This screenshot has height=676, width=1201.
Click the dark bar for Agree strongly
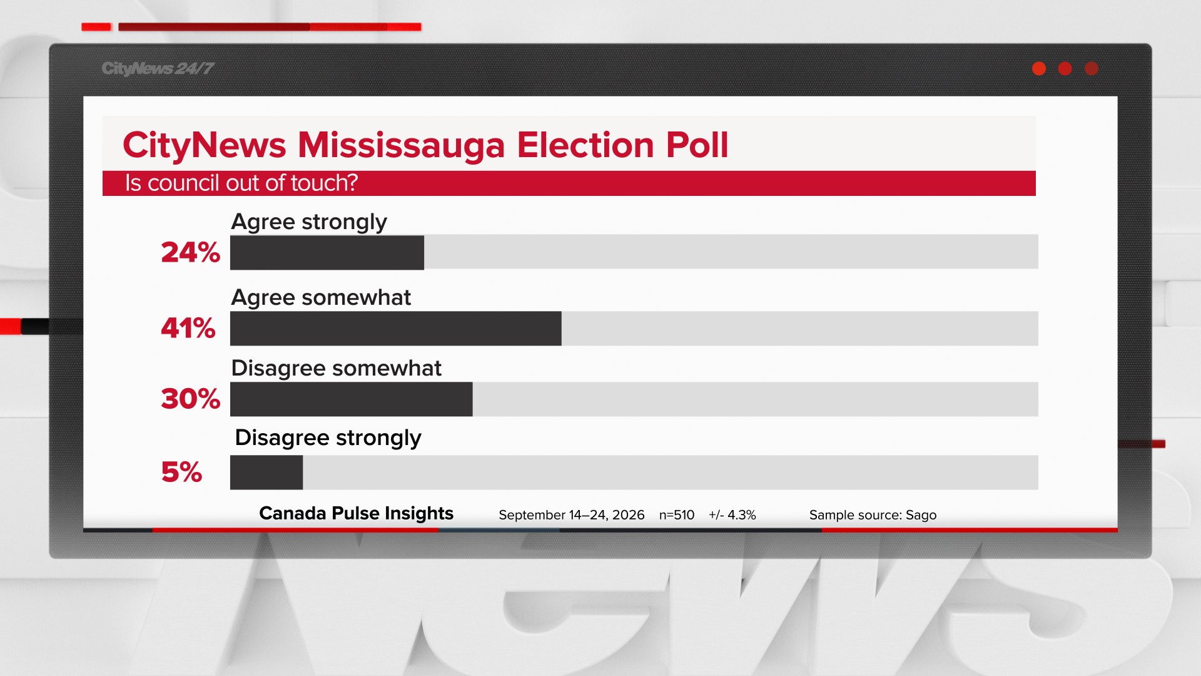327,252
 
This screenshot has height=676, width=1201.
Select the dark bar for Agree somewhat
396,328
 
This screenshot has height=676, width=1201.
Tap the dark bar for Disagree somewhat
352,399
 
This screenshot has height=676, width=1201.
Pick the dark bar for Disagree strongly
266,472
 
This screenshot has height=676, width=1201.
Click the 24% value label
191,252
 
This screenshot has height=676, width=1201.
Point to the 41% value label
188,328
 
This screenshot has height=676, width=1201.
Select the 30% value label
191,399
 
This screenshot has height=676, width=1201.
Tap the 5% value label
182,472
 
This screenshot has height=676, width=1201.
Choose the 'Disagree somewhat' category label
337,368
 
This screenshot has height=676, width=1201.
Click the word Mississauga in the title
401,145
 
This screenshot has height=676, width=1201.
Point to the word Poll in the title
697,145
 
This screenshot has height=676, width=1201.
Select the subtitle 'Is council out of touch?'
241,183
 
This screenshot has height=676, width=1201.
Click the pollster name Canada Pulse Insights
357,513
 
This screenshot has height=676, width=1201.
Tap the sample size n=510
677,515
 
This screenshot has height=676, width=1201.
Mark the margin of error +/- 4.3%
732,515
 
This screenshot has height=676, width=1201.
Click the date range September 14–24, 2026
572,515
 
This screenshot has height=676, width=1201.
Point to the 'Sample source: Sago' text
873,515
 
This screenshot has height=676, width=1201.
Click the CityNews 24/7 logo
158,69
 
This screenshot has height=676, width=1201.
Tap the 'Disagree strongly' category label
328,438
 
